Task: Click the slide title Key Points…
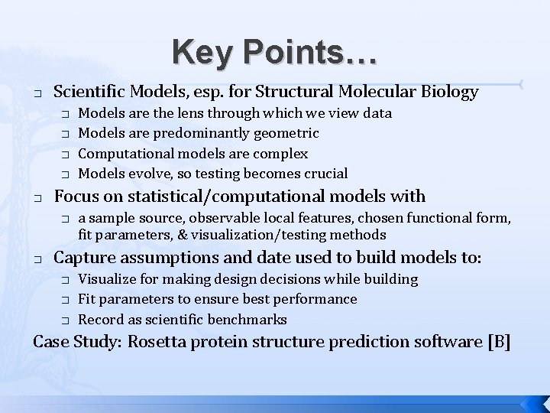[274, 52]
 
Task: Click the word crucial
[323, 174]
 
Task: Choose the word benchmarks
[251, 319]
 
